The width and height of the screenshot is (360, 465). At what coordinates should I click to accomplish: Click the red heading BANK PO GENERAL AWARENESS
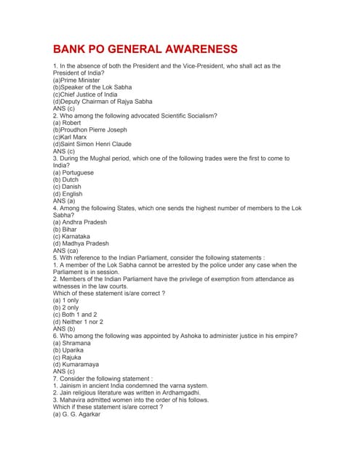pyautogui.click(x=145, y=49)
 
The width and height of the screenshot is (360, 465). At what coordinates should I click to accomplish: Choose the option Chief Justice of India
pyautogui.click(x=85, y=94)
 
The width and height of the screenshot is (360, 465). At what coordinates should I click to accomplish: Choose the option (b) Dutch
pyautogui.click(x=65, y=179)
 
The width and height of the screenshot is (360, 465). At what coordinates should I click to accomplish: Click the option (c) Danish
pyautogui.click(x=67, y=187)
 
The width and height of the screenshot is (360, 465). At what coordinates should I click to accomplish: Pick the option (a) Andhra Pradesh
pyautogui.click(x=79, y=222)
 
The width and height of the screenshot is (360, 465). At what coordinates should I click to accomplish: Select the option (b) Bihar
pyautogui.click(x=65, y=230)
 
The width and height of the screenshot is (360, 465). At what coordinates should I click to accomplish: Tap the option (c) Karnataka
pyautogui.click(x=71, y=236)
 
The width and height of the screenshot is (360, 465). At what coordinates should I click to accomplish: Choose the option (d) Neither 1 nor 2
pyautogui.click(x=78, y=321)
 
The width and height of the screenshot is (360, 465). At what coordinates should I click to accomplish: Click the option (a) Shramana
pyautogui.click(x=72, y=343)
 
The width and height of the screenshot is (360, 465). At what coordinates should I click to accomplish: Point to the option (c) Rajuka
pyautogui.click(x=68, y=357)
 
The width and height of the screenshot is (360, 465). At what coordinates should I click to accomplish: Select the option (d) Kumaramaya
pyautogui.click(x=76, y=364)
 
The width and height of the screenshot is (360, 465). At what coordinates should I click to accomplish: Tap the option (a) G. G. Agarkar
pyautogui.click(x=76, y=414)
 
